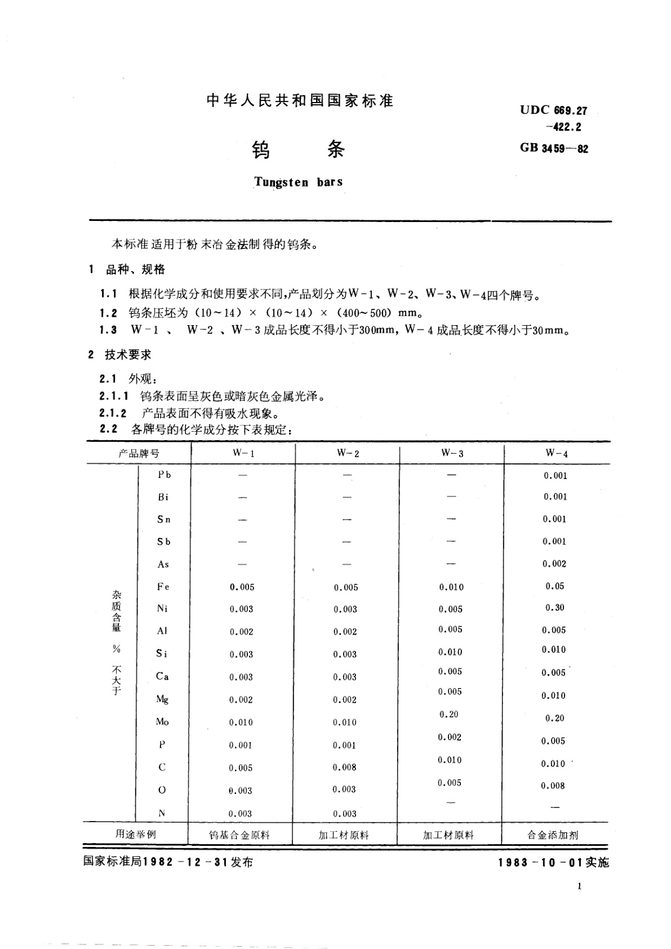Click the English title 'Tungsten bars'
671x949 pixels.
coord(298,182)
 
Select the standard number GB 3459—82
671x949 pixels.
coord(554,149)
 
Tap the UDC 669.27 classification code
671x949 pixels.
coord(553,110)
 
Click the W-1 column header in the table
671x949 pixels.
coord(243,454)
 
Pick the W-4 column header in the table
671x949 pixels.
coord(556,454)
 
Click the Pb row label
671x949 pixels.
coord(164,475)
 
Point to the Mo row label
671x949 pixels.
coord(162,722)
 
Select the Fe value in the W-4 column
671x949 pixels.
coord(554,586)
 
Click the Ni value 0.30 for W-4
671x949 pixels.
coord(554,607)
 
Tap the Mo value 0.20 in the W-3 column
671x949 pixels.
coord(449,714)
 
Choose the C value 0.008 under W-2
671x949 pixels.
coord(344,767)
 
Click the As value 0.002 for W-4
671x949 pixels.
coord(554,564)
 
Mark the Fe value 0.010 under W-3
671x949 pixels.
coord(451,587)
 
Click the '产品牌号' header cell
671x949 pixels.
coord(139,454)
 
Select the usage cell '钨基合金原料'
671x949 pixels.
coord(239,835)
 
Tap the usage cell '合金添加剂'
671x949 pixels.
coord(553,835)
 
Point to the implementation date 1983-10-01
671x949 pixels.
coord(553,863)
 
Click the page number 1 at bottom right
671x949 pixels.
coord(579,886)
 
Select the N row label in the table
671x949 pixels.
coord(162,813)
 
